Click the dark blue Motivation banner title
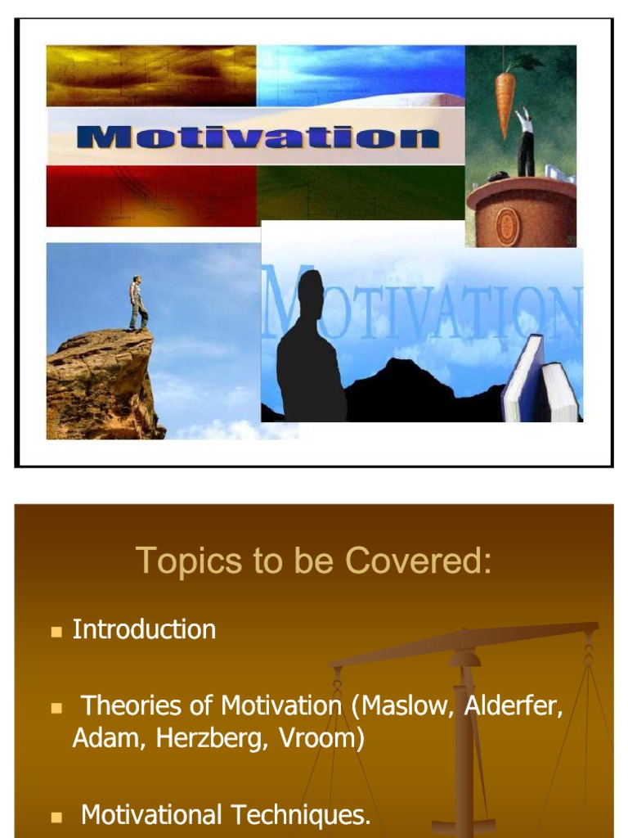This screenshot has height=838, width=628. coord(258,136)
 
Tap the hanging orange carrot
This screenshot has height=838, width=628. coord(506,102)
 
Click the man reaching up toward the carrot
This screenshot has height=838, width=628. coord(524,144)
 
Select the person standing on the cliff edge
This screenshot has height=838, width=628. coord(138,303)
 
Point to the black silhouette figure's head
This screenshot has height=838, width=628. coord(310,291)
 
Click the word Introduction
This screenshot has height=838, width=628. coord(144,629)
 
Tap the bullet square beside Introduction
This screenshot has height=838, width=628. coord(56,632)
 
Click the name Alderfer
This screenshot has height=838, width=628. coord(514,705)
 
